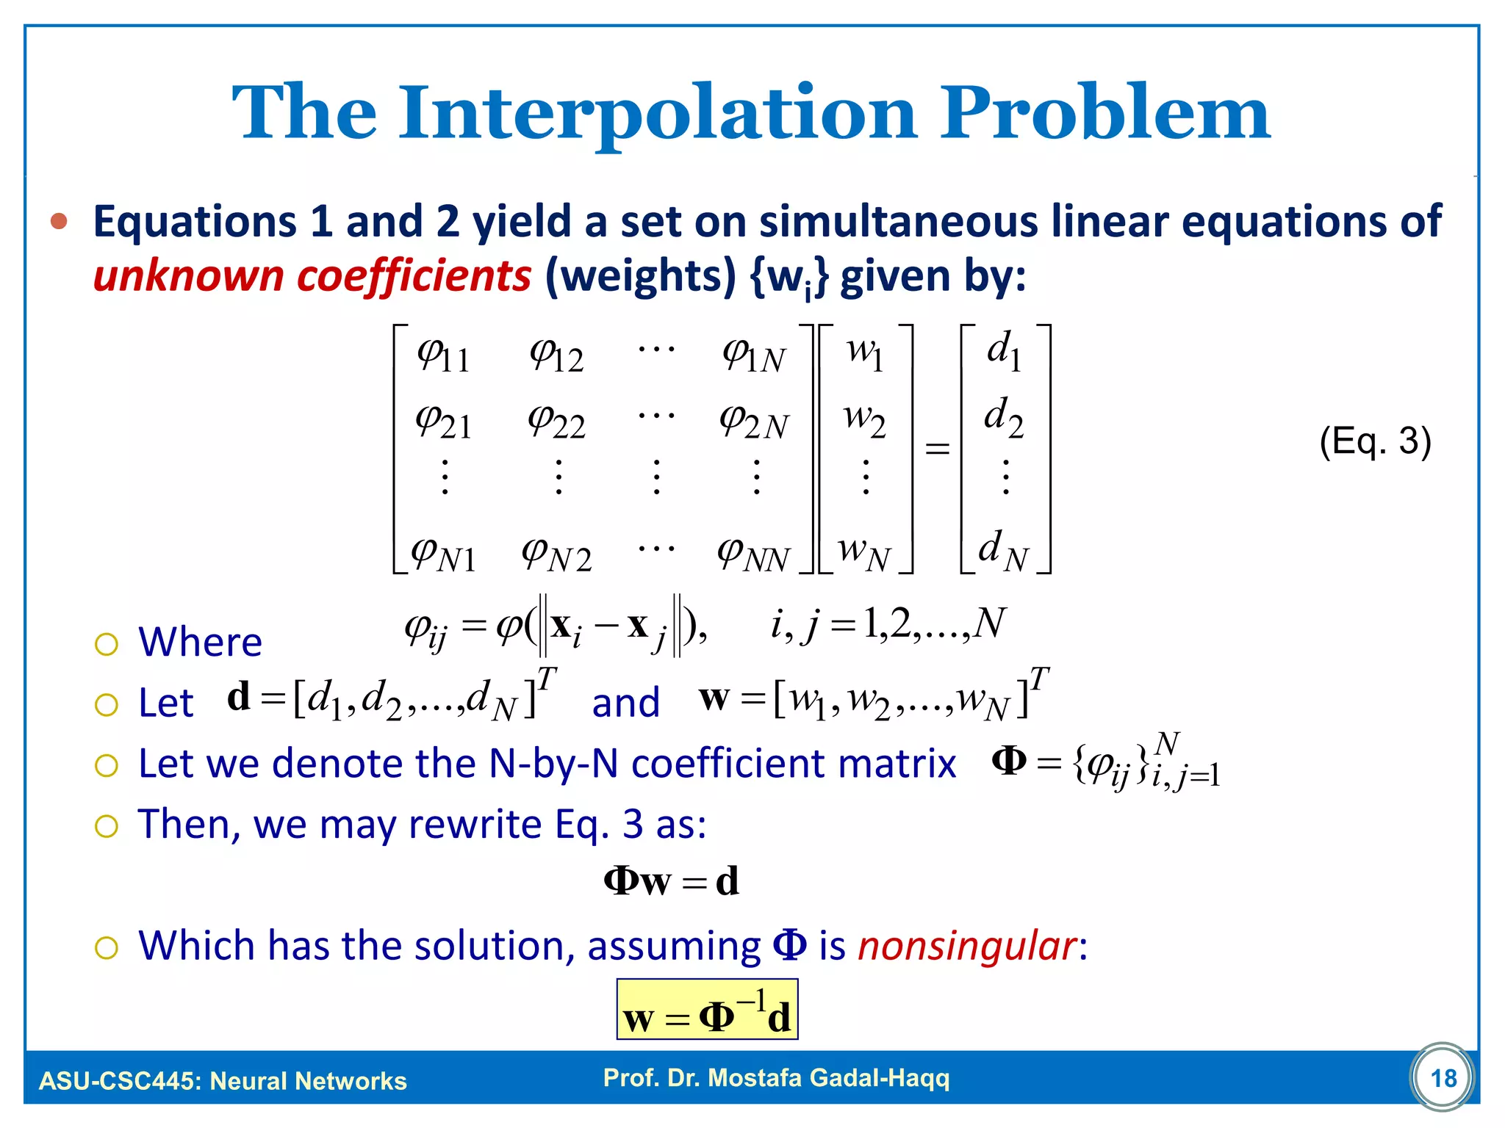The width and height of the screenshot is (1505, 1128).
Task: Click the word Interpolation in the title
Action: [658, 114]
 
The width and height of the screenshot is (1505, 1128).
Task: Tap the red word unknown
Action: [188, 276]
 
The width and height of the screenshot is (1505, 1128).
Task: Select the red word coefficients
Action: [414, 276]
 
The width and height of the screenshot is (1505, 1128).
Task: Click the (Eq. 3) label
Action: [1375, 441]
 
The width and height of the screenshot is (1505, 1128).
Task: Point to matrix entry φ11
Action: [443, 356]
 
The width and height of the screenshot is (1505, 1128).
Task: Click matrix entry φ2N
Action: [754, 422]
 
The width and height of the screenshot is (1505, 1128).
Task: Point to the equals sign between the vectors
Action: [937, 448]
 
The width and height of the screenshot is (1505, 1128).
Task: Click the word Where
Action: [200, 642]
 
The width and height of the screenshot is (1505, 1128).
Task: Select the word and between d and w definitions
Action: [625, 703]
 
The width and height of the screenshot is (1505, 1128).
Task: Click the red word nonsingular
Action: [967, 946]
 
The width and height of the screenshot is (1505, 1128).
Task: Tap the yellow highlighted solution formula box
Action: [707, 1010]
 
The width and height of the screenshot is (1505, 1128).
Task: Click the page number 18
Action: [1443, 1078]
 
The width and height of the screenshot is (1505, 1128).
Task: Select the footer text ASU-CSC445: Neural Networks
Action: [223, 1081]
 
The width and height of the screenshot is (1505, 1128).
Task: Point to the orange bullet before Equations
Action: [60, 221]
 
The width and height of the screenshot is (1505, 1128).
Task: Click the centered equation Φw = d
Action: [671, 881]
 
